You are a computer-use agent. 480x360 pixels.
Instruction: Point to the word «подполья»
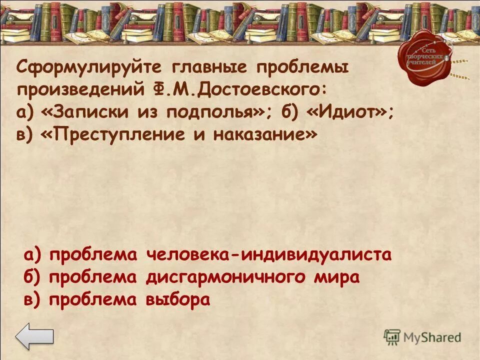tap(219, 113)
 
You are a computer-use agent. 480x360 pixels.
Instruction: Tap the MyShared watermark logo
tap(422, 337)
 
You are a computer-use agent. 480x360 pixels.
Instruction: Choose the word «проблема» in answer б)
tap(93, 277)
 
